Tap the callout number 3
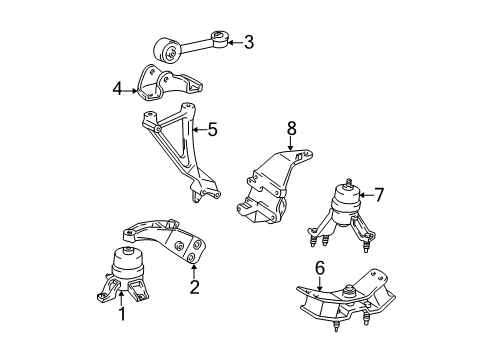click(247, 41)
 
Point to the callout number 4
click(117, 89)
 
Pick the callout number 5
click(213, 129)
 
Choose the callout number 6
click(319, 268)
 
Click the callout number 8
click(291, 129)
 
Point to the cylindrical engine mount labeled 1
click(129, 267)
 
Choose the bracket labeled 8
click(270, 189)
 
